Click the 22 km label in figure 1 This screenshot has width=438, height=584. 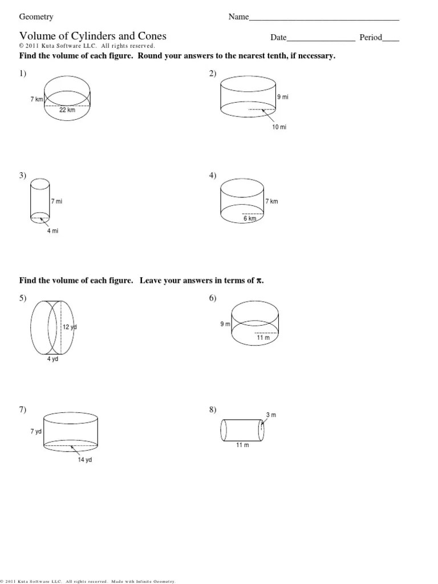[67, 110]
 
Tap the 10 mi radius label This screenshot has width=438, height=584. [279, 127]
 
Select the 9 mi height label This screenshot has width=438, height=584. [283, 98]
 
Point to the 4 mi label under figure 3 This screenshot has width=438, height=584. [53, 231]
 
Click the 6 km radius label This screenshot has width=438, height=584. [250, 218]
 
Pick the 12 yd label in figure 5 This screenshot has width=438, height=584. [70, 327]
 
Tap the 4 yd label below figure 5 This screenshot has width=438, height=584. [53, 359]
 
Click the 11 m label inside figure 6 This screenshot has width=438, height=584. [263, 338]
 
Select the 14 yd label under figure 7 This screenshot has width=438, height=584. [85, 460]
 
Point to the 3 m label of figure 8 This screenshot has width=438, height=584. [271, 415]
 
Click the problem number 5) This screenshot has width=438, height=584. [23, 298]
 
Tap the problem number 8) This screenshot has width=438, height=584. [213, 409]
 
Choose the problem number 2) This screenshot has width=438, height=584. [213, 73]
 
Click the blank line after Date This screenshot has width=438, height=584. [321, 39]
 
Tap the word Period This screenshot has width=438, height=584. [370, 38]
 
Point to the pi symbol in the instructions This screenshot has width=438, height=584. [260, 281]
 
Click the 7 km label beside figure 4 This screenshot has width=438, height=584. [271, 201]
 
